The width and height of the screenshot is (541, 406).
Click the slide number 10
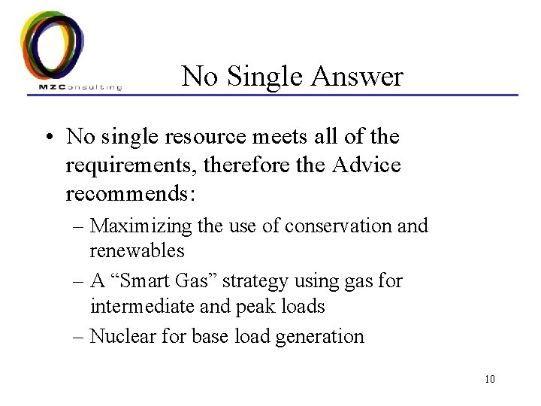pos(490,377)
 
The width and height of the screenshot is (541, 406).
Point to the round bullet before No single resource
pos(50,138)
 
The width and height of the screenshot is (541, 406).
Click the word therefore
pos(237,165)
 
